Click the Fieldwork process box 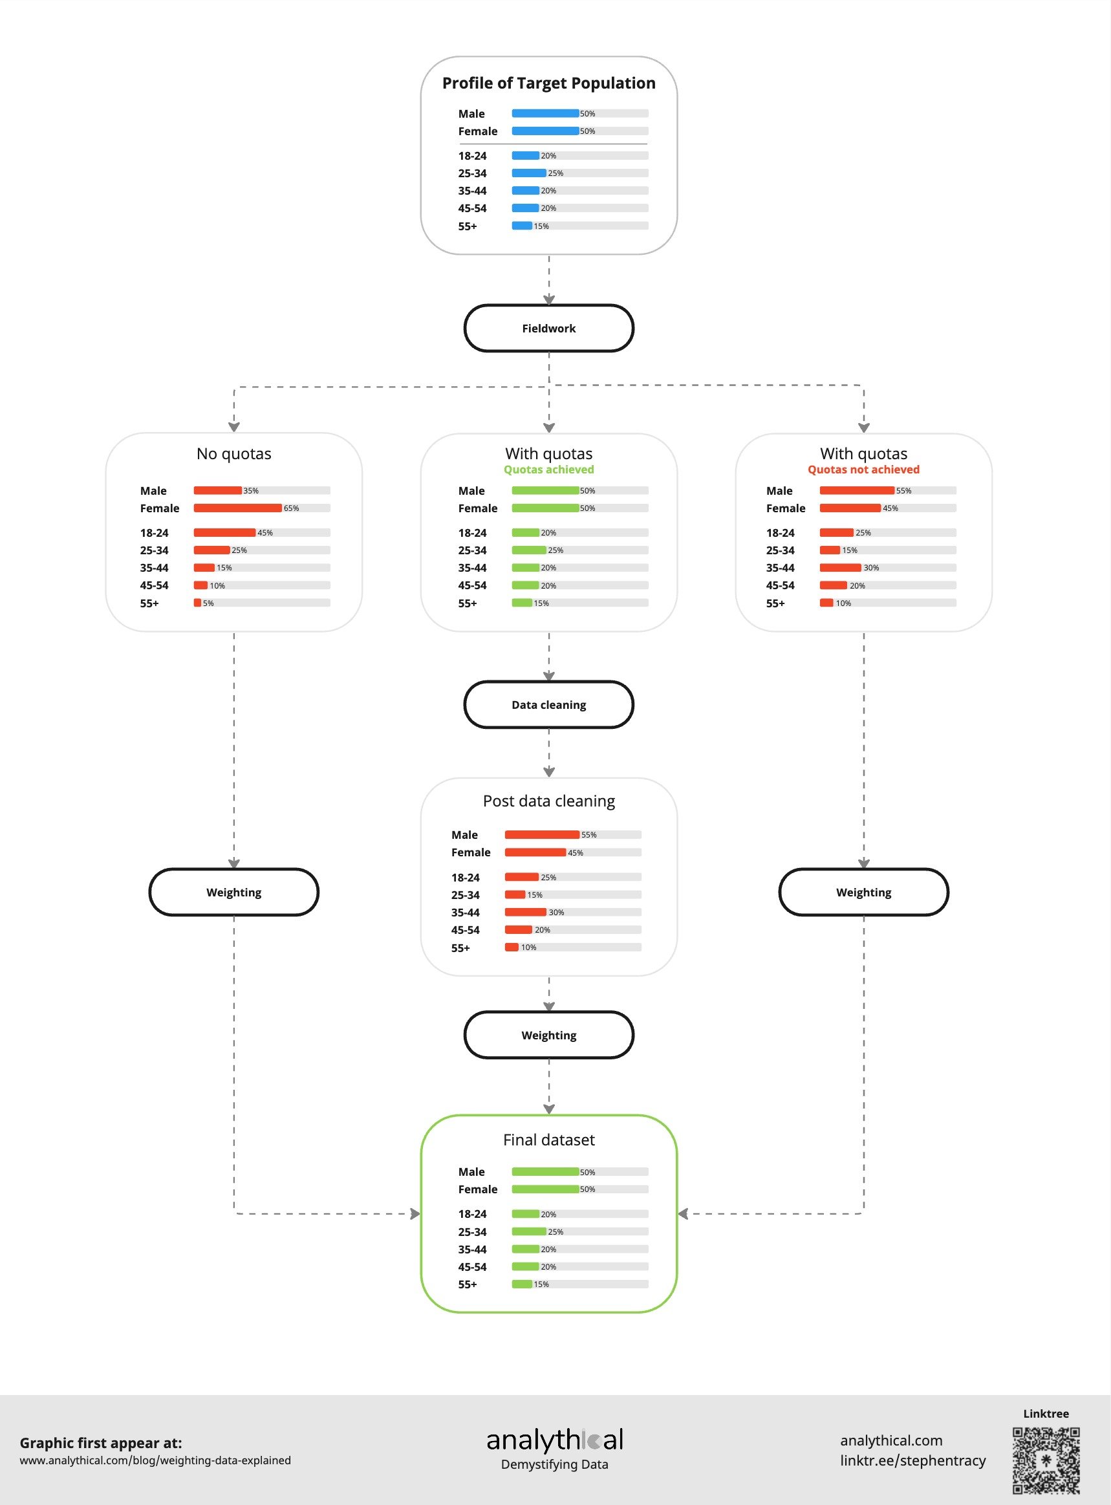549,328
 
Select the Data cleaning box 549,705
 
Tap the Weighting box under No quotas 233,893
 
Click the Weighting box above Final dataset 549,1035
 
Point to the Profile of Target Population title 549,83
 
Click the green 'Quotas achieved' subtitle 549,470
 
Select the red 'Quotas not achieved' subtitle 863,470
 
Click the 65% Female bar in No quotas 237,508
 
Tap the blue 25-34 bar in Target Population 528,173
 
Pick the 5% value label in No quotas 208,603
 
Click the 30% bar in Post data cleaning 525,912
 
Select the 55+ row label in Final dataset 468,1284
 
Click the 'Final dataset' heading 549,1140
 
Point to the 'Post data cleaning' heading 549,801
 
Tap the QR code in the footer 1046,1460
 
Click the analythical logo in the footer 555,1440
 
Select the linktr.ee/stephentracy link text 912,1460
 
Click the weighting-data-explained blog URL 155,1460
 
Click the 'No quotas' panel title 233,453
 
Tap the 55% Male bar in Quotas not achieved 857,490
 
